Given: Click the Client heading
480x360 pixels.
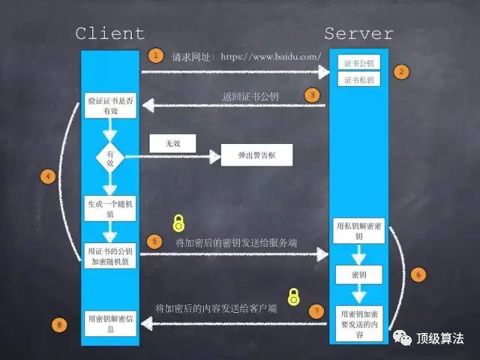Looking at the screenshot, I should click(109, 34).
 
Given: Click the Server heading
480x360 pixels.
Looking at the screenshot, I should click(358, 34).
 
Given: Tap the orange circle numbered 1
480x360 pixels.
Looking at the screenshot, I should click(154, 55).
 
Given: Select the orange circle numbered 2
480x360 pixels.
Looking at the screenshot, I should click(402, 73).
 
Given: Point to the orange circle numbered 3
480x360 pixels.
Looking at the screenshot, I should click(312, 95).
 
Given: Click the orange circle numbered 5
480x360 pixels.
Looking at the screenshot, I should click(154, 241).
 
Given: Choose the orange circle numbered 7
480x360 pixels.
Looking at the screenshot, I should click(317, 310).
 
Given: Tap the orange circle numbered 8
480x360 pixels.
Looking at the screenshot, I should click(61, 324).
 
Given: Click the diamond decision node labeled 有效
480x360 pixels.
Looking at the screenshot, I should click(109, 157).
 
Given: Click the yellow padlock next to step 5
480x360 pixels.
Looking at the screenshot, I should click(178, 222).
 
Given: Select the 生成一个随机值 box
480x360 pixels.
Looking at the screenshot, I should click(109, 207).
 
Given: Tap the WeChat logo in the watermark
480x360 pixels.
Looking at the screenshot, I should click(403, 339).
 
